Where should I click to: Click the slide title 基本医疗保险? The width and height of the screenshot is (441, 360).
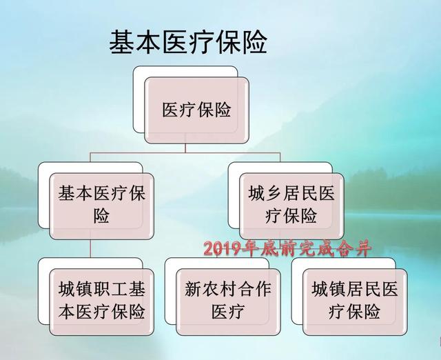click(188, 43)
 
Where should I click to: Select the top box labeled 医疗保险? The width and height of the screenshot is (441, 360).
click(196, 110)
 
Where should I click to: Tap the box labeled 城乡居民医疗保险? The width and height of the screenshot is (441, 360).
click(291, 206)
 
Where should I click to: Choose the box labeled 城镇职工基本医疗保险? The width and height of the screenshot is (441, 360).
click(101, 302)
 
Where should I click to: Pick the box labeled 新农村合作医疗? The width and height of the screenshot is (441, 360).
click(228, 302)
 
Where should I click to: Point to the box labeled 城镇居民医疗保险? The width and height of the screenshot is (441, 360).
click(355, 302)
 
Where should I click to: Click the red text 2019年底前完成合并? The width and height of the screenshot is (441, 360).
click(288, 249)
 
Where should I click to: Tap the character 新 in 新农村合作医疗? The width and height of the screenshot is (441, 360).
click(194, 290)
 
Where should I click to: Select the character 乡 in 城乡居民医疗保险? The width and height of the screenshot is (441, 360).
click(274, 194)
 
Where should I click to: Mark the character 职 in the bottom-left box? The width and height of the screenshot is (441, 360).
click(102, 290)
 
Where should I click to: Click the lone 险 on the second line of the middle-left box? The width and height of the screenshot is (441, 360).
click(101, 216)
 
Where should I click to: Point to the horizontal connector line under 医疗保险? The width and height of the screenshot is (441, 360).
click(185, 153)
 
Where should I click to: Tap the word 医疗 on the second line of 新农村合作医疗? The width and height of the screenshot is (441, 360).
click(228, 312)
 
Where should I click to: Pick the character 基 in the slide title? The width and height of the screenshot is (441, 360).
click(121, 43)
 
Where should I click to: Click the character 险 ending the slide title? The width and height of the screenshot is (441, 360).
click(255, 43)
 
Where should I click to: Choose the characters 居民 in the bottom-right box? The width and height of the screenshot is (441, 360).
click(364, 290)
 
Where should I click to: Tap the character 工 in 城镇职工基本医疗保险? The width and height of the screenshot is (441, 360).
click(119, 290)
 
